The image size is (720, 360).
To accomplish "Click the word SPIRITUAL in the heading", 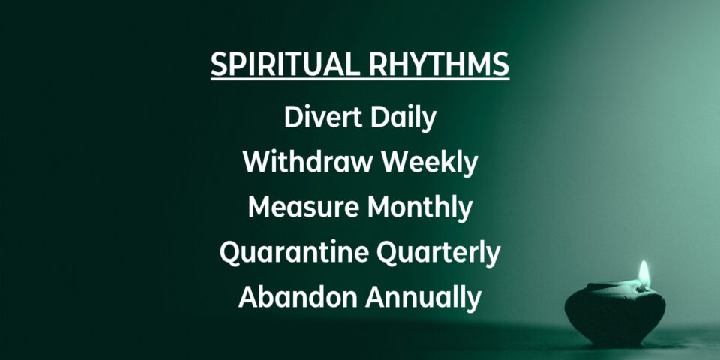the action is click(285, 64).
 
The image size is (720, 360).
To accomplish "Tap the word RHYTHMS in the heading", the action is click(439, 64).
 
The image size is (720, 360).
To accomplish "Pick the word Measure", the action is click(304, 207).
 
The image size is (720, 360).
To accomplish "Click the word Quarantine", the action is click(294, 252).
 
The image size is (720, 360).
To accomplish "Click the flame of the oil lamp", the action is click(643, 274).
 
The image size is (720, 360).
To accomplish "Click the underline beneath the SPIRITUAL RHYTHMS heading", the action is click(360, 79).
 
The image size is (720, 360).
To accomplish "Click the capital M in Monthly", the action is click(379, 207).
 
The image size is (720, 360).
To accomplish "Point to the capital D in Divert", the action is click(295, 117).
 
